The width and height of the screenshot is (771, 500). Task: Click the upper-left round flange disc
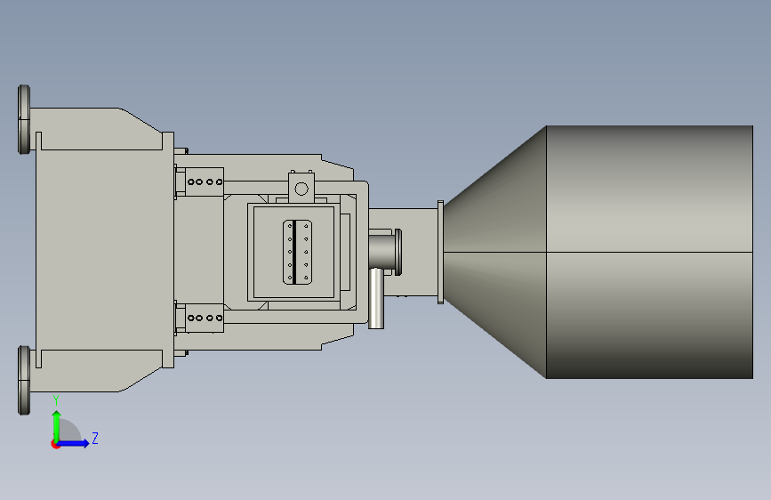coord(24,119)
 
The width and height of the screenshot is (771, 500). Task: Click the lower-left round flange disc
coord(24,380)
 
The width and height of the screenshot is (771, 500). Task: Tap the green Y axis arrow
coord(57,427)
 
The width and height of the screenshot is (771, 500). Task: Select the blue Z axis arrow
coord(72,443)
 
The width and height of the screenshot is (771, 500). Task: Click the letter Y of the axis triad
coord(56,400)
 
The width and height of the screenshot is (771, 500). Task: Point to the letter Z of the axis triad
coord(95,438)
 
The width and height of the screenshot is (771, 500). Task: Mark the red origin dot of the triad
coord(55,444)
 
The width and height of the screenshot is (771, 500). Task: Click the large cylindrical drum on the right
coord(649,252)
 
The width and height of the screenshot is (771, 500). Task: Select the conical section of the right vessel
coord(495,252)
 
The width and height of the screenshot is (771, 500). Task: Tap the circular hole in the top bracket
coord(301,189)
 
